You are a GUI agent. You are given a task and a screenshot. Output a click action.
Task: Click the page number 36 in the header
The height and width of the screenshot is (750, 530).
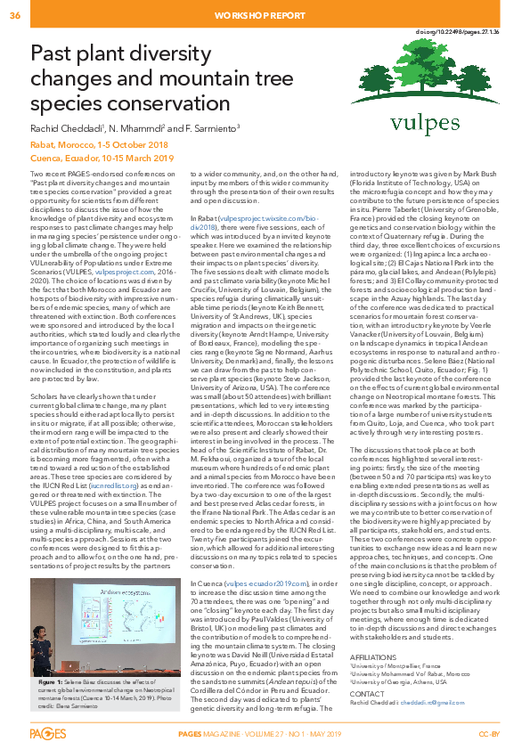click(x=15, y=15)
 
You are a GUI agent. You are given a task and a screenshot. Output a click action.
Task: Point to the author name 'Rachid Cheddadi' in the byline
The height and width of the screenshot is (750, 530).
click(x=66, y=128)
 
